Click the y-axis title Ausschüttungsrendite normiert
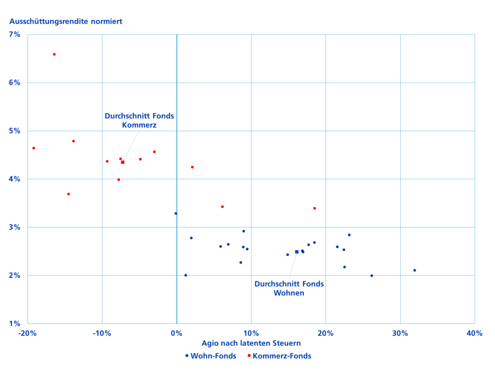65,22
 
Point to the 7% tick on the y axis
14,35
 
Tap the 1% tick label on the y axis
14,324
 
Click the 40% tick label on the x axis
474,333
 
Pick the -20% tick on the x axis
27,333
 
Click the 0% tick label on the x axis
177,333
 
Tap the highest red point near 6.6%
54,54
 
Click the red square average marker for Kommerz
123,162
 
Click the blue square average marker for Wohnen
296,252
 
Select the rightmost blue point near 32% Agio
415,270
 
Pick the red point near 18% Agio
315,208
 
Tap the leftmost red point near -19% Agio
34,148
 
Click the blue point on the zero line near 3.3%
176,213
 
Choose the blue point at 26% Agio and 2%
372,276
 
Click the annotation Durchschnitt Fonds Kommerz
139,120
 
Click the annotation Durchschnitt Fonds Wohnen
289,289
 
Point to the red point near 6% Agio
222,207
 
